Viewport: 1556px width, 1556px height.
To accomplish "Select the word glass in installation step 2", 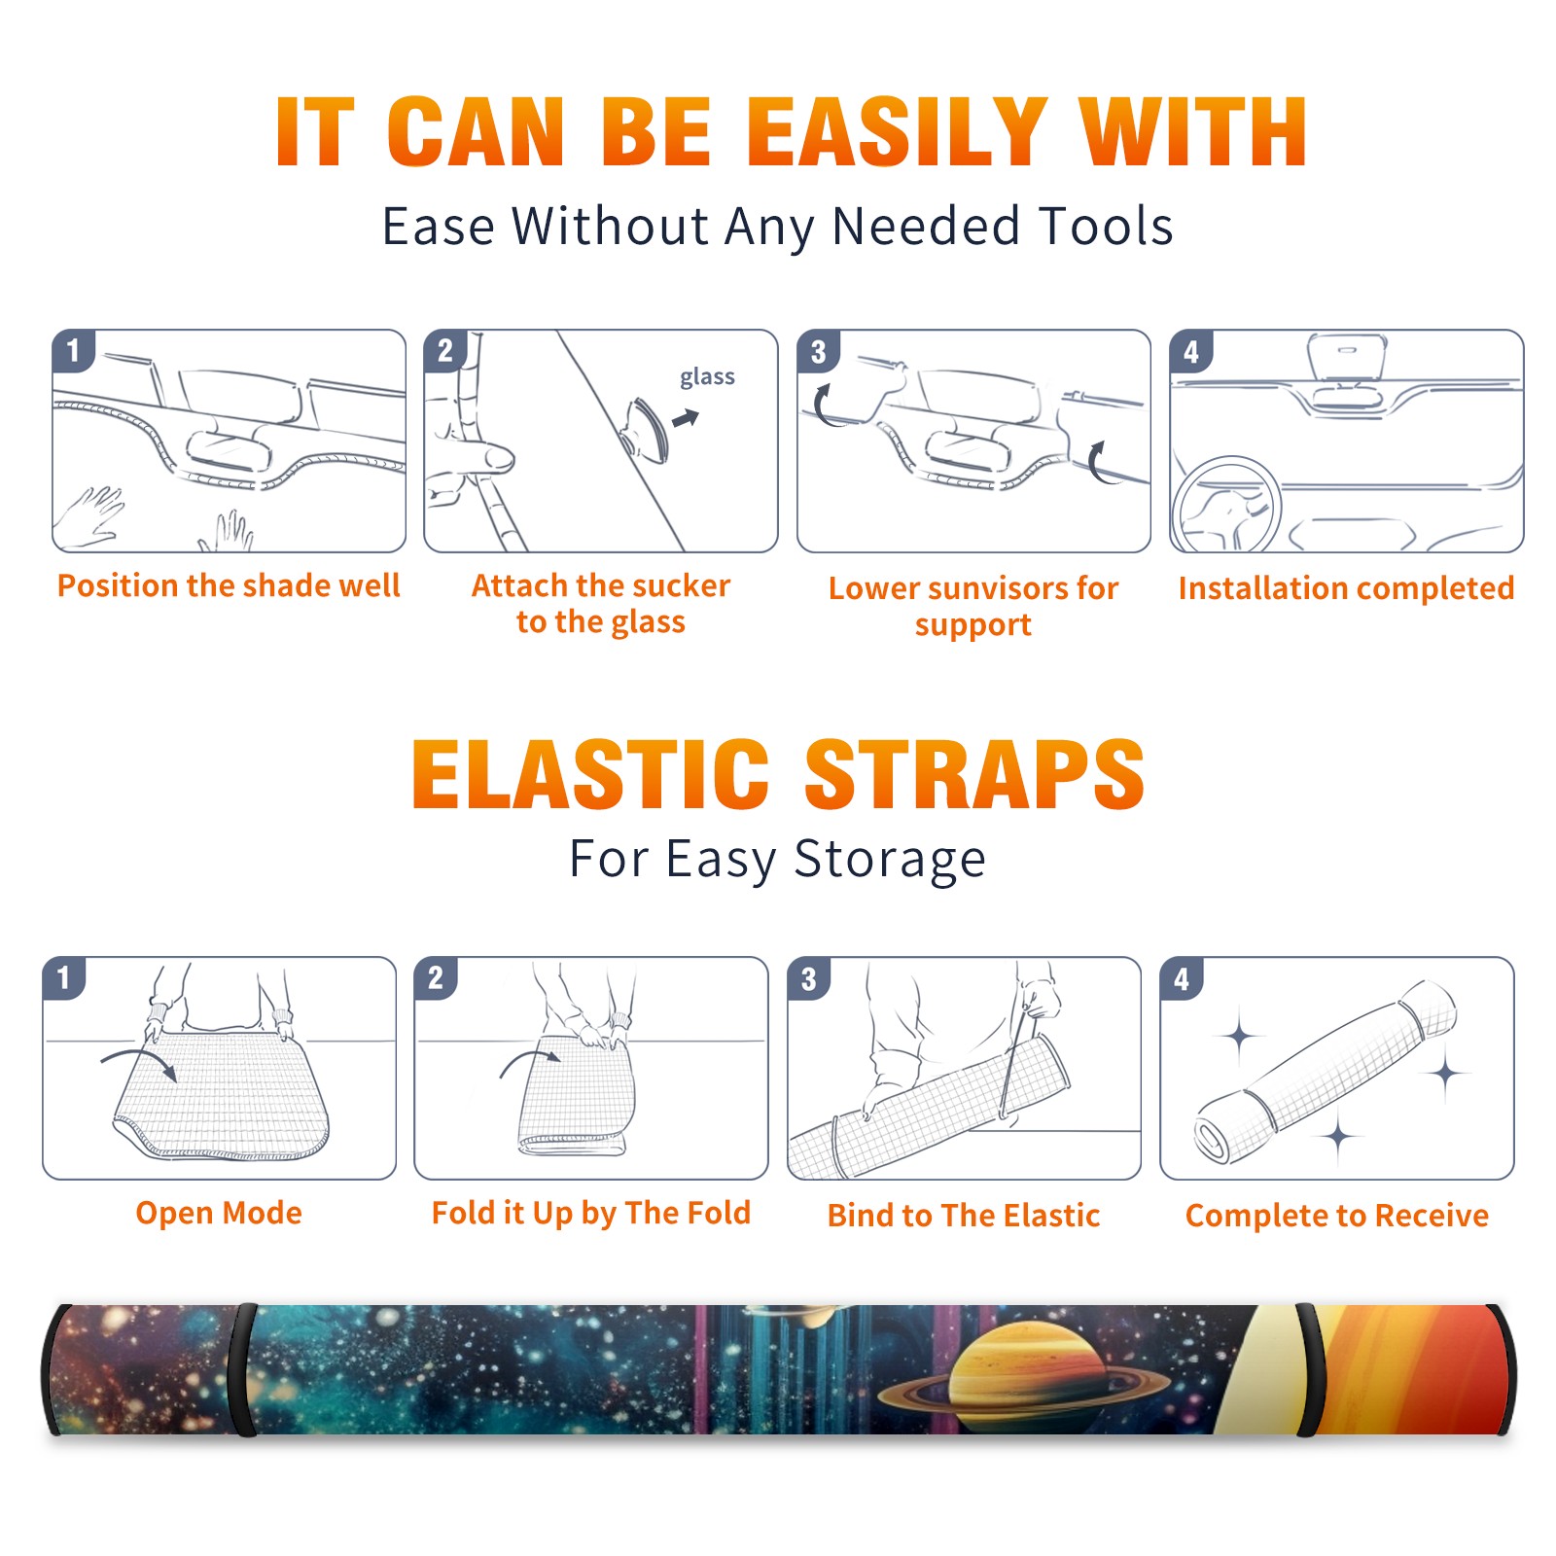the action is [707, 377].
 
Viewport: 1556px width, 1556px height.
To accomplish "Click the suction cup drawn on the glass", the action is [647, 429].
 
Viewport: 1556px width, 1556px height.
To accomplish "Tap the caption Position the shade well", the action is [229, 585].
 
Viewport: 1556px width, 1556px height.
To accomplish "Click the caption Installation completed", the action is [1346, 587].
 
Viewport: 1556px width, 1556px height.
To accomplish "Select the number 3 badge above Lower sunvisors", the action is [818, 352].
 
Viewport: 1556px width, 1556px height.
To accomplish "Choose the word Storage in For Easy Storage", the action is [890, 860].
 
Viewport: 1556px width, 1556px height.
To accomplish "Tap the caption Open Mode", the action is [219, 1213].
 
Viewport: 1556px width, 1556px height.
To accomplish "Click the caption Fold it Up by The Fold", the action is [591, 1213].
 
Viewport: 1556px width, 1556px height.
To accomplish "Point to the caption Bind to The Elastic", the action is [964, 1216].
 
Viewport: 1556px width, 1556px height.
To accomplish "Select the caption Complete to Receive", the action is [1337, 1216].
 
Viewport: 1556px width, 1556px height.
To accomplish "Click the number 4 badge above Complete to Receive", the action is [1182, 978].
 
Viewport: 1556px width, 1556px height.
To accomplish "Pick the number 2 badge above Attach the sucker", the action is [445, 351].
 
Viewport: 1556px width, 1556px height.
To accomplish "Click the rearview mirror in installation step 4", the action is [1347, 357].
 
